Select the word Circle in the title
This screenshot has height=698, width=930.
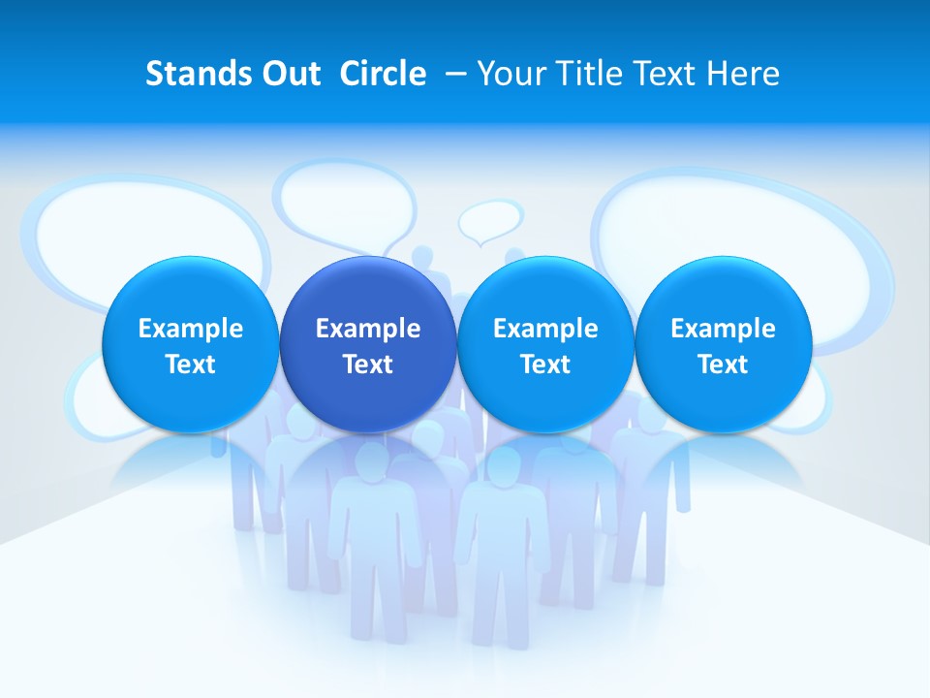pos(383,74)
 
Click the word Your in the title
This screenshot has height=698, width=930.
pos(510,74)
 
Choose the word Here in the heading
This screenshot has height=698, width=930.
pos(743,74)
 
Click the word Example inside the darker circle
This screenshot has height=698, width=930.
pos(368,329)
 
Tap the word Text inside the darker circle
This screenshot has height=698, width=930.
pos(368,365)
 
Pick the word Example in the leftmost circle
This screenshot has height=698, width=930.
pos(191,329)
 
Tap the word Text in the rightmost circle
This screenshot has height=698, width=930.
pos(724,365)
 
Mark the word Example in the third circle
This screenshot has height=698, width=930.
pos(545,329)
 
